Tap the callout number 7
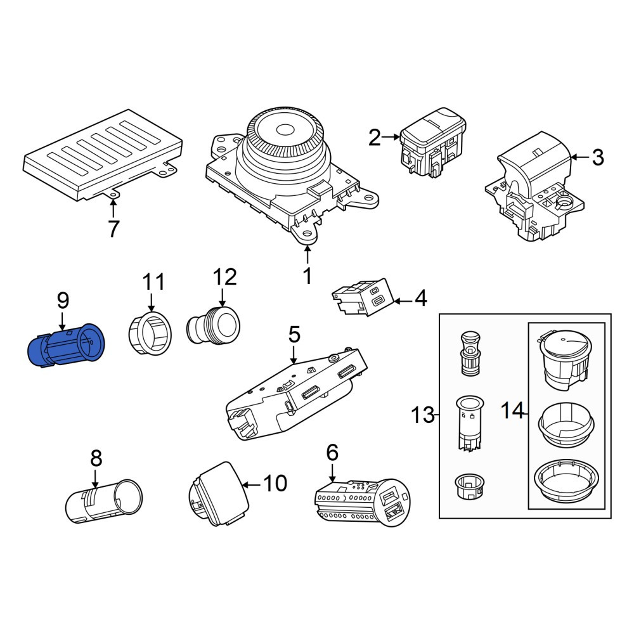pyautogui.click(x=113, y=228)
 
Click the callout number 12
pyautogui.click(x=224, y=278)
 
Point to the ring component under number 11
pyautogui.click(x=150, y=333)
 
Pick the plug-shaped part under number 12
pyautogui.click(x=213, y=325)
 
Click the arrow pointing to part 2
pyautogui.click(x=391, y=137)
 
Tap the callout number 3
pyautogui.click(x=598, y=157)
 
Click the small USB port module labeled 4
pyautogui.click(x=363, y=297)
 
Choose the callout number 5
pyautogui.click(x=294, y=335)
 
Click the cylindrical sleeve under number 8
pyautogui.click(x=104, y=501)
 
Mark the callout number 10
pyautogui.click(x=275, y=483)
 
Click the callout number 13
pyautogui.click(x=422, y=415)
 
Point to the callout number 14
pyautogui.click(x=512, y=411)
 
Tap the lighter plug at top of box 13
pyautogui.click(x=470, y=354)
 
